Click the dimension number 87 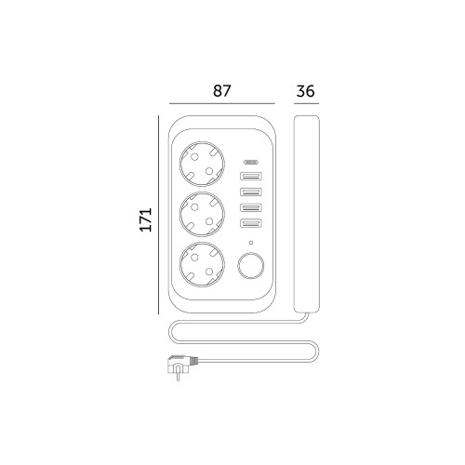click(x=222, y=91)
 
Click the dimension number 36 click(x=306, y=91)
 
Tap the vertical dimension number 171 click(x=146, y=219)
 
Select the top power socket click(x=202, y=164)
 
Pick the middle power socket click(x=202, y=214)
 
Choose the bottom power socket click(x=202, y=264)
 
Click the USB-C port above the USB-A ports click(x=251, y=162)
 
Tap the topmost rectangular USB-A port click(x=251, y=176)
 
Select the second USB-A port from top click(x=251, y=192)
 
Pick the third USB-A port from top click(x=251, y=207)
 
